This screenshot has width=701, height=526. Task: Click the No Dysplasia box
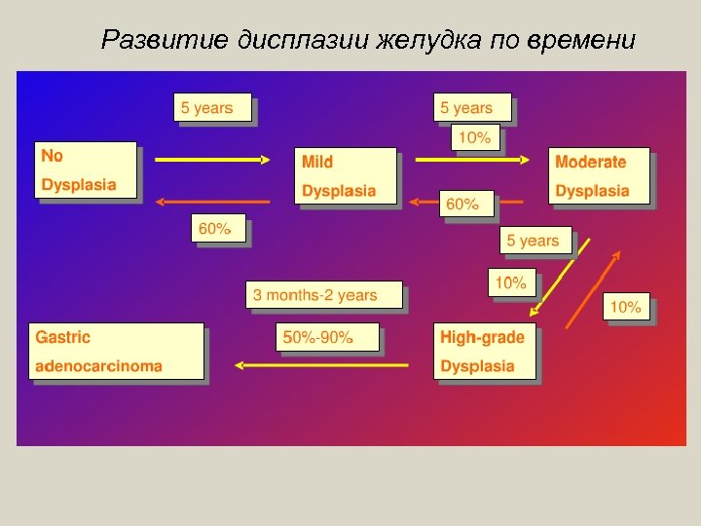tap(86, 170)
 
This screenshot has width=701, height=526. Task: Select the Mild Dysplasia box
tap(346, 176)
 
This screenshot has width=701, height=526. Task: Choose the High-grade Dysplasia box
tap(484, 352)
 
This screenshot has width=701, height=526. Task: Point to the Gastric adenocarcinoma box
tap(117, 352)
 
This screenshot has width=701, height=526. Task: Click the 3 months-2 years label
tap(324, 295)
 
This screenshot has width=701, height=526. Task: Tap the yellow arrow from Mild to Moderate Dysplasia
tap(472, 159)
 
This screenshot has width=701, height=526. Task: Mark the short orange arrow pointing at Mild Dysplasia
tap(421, 203)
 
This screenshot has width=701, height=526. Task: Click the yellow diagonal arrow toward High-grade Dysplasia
tap(560, 278)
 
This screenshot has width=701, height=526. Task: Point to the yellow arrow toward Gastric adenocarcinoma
tap(321, 366)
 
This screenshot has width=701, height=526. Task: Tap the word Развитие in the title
tap(166, 40)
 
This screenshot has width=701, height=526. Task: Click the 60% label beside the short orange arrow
tap(462, 205)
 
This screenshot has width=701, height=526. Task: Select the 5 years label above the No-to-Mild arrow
tap(212, 107)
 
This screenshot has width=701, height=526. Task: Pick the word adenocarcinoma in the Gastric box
tap(99, 367)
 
